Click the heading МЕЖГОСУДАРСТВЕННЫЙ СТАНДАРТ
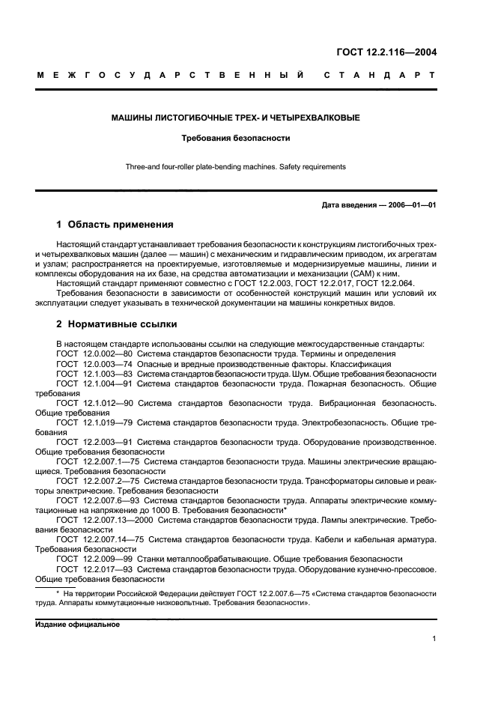[x=236, y=76]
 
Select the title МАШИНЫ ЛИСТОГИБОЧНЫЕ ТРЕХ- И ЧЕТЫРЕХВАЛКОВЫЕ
[x=236, y=118]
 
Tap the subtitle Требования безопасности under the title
[x=236, y=138]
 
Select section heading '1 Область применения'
[x=115, y=224]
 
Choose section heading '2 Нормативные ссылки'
[x=117, y=325]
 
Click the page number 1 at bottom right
[x=434, y=639]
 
